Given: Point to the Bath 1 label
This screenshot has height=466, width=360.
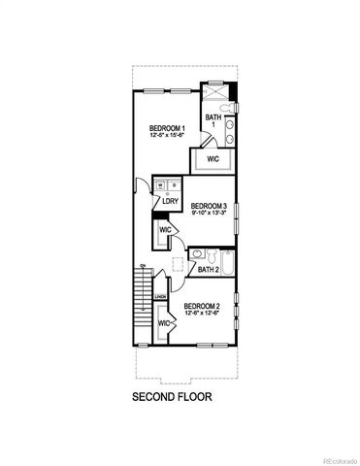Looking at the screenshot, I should click(x=212, y=119).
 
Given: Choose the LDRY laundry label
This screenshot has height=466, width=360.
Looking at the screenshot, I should click(x=169, y=202).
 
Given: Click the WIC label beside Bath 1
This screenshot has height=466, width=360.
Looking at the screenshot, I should click(x=213, y=158).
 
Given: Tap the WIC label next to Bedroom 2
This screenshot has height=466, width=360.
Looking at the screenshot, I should click(x=164, y=322).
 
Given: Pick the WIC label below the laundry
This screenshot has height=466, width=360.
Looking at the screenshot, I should click(x=165, y=230).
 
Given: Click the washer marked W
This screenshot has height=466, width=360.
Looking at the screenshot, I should click(x=161, y=185).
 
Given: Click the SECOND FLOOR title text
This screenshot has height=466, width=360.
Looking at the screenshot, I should click(x=171, y=396).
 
